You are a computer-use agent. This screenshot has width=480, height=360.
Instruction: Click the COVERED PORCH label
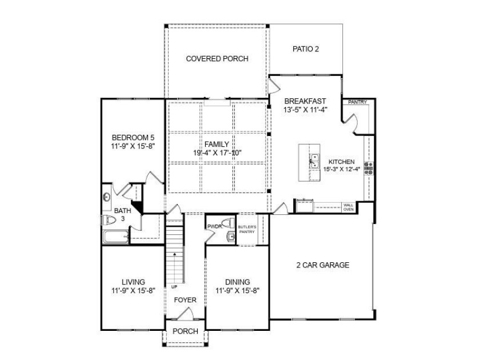point(217,59)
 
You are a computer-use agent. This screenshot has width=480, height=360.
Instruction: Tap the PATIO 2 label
point(306,49)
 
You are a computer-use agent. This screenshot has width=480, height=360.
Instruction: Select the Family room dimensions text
point(217,153)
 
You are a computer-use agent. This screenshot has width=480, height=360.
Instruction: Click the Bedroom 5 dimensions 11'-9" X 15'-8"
point(133,146)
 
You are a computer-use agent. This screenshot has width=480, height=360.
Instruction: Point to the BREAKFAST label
point(305,101)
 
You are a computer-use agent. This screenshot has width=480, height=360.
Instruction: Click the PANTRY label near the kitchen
point(358,102)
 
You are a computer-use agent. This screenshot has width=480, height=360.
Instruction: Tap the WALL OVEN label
point(349,207)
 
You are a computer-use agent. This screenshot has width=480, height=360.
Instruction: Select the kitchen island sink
point(314,161)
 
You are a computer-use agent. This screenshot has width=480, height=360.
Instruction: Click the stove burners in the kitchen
point(369,169)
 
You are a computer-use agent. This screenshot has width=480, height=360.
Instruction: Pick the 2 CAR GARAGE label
point(323,265)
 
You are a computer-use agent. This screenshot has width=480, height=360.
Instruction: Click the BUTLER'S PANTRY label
point(247,229)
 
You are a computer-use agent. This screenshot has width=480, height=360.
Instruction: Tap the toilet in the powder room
point(228,223)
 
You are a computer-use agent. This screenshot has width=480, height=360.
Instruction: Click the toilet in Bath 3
point(109,220)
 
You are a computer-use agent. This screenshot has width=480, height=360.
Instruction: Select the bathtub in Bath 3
point(115,237)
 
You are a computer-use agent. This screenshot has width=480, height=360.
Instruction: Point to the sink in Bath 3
point(106,197)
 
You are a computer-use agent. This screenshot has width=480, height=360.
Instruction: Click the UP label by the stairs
point(174,287)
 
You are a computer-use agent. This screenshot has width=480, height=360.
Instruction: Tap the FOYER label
point(185,300)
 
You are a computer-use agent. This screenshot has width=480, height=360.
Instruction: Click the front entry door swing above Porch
point(186,313)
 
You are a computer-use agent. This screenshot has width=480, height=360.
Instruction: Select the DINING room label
point(238,282)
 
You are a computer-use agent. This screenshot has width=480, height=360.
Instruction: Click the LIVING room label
point(134,282)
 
